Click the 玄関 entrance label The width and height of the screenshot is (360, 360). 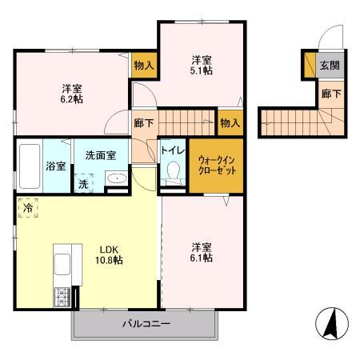pyautogui.click(x=330, y=65)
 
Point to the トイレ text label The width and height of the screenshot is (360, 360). pyautogui.click(x=173, y=150)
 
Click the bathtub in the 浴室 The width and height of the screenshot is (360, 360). pyautogui.click(x=29, y=166)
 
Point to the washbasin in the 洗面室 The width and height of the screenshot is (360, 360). pyautogui.click(x=116, y=179)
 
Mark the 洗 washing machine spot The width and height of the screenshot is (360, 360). pyautogui.click(x=84, y=182)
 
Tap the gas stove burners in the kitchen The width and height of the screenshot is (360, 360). pyautogui.click(x=62, y=301)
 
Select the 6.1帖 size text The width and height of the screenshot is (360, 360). pyautogui.click(x=201, y=258)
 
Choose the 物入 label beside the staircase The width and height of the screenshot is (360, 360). pyautogui.click(x=230, y=122)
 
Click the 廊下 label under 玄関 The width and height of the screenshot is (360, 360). pyautogui.click(x=330, y=94)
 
